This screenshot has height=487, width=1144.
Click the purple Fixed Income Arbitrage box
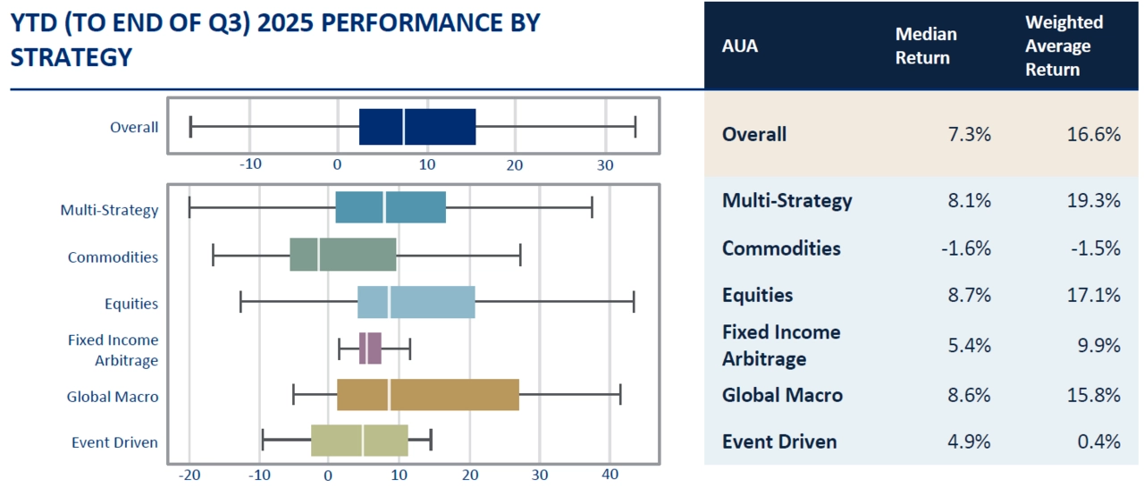[370, 348]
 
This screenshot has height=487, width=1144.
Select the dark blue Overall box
[417, 127]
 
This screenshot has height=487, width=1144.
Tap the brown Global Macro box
[428, 395]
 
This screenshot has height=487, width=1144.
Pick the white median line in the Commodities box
[318, 254]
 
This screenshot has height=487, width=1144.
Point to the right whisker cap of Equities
[634, 302]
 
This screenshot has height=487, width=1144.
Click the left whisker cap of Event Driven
[263, 440]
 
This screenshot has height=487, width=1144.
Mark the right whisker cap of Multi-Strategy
[592, 207]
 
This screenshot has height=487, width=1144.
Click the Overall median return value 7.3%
[969, 134]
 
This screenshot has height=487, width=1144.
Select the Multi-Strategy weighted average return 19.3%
[1093, 200]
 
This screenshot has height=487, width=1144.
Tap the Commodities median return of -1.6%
[966, 248]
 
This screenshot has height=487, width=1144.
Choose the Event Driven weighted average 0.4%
[1099, 441]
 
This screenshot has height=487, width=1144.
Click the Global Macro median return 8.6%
[969, 395]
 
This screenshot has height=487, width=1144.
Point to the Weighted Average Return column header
[1064, 46]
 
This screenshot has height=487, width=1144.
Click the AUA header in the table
[739, 46]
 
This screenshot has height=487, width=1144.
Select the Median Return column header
[926, 46]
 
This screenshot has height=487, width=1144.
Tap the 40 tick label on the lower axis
[610, 474]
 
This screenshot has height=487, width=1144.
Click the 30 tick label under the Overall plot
[605, 165]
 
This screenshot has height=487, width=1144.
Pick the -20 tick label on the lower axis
[189, 474]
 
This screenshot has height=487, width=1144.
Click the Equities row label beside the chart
[131, 304]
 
